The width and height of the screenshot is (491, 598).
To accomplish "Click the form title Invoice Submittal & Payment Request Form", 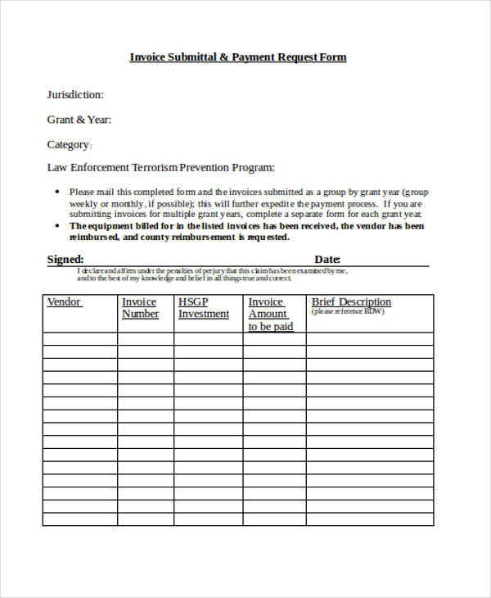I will click(238, 57).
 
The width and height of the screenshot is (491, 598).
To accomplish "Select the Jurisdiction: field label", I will click(75, 94).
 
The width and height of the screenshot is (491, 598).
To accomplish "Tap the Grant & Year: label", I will click(79, 120).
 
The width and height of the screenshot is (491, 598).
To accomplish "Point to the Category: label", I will click(70, 145).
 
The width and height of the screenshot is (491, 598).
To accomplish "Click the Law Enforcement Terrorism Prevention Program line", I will click(160, 167).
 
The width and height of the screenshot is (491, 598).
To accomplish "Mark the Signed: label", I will click(65, 260).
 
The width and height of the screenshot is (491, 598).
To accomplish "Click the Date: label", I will click(327, 260).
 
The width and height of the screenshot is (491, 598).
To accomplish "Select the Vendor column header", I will click(64, 302).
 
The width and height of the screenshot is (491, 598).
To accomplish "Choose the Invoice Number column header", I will click(140, 308).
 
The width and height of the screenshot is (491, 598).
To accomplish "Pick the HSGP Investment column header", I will click(203, 308).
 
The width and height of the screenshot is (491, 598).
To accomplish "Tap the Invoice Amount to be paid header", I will click(270, 315).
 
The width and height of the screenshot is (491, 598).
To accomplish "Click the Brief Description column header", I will click(351, 302).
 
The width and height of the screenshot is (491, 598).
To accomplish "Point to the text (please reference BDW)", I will click(347, 311).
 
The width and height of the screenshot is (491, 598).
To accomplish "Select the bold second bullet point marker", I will click(56, 226).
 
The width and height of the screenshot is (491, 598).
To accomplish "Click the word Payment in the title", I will click(256, 57).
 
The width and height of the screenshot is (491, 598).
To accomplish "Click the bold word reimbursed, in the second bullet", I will click(94, 237).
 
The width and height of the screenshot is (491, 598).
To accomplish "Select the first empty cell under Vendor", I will click(80, 339).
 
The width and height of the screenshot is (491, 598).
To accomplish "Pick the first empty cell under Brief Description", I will click(370, 339).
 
